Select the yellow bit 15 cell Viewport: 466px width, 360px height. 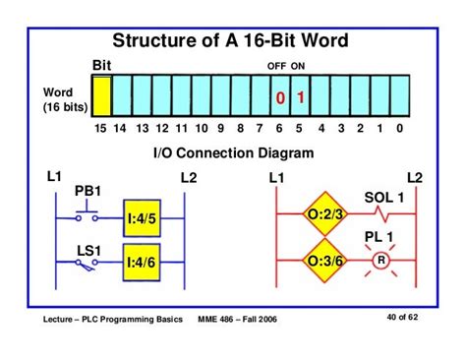100,97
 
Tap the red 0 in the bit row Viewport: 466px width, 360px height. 280,98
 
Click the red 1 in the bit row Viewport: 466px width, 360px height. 301,98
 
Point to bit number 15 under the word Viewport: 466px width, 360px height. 99,129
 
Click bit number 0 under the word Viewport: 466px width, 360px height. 400,129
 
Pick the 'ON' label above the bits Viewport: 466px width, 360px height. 298,66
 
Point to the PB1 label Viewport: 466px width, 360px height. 88,189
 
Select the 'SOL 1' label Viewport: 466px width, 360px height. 384,197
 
